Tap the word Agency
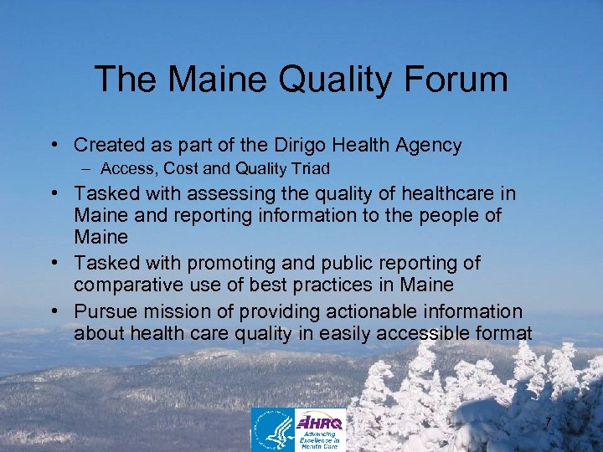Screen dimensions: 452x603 click(427, 145)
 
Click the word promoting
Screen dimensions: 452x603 click(233, 264)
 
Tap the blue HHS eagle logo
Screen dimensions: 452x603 click(274, 429)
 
